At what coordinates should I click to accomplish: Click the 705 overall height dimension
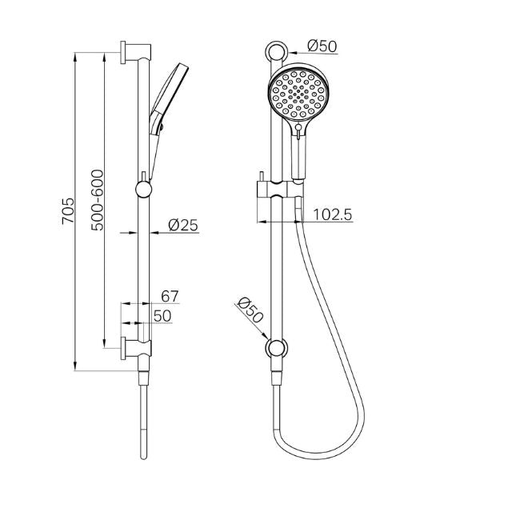coord(68,212)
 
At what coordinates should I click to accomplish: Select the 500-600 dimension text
coord(98,200)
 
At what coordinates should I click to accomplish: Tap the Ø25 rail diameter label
coord(183,226)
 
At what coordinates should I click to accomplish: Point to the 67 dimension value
coord(170,297)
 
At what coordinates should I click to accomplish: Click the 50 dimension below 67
coord(163,317)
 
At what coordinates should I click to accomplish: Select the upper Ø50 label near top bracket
coord(322,46)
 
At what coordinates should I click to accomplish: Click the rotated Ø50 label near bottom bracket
coord(251,310)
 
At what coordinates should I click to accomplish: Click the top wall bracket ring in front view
coord(275,54)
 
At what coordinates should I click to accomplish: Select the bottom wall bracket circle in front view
coord(276,348)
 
